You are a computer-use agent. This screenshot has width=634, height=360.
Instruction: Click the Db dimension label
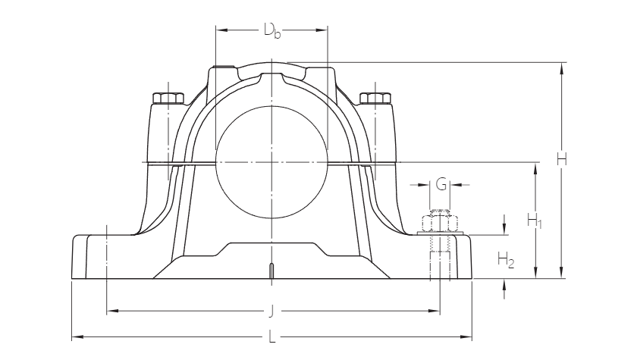(271, 31)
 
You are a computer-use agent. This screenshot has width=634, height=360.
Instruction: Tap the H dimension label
(562, 160)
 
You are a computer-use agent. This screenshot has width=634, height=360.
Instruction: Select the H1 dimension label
(535, 221)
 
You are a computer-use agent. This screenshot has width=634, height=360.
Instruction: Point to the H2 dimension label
(506, 261)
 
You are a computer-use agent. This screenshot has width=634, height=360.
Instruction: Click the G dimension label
(441, 183)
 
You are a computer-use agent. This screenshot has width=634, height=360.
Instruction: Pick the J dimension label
(271, 311)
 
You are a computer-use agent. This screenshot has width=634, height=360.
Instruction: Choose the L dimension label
(271, 337)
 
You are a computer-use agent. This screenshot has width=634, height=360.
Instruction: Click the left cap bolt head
(168, 98)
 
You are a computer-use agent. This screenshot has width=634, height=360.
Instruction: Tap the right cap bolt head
(375, 98)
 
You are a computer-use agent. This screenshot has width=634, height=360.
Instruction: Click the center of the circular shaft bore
(271, 162)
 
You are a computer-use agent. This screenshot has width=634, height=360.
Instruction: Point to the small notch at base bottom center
(271, 271)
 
